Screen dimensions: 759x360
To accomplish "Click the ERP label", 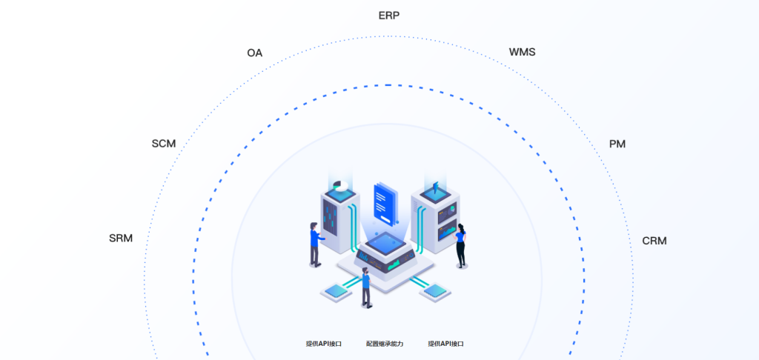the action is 389,16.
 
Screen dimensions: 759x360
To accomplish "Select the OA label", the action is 255,53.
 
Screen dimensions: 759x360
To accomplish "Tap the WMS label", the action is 523,52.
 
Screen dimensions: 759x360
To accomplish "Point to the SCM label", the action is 164,144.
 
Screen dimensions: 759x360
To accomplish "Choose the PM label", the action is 617,144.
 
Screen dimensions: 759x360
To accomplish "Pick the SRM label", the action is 121,238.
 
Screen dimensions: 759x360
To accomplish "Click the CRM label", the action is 654,241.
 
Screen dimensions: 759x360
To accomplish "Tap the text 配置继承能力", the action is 385,344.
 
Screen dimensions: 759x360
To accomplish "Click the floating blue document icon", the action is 385,204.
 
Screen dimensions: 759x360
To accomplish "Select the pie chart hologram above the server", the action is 341,186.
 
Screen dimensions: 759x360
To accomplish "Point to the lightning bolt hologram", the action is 435,187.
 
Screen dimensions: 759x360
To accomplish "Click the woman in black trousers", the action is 461,245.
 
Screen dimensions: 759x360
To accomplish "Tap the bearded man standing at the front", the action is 366,287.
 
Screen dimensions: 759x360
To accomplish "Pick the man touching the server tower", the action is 316,244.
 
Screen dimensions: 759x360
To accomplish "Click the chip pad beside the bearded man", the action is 334,291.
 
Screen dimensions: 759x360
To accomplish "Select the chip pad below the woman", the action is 435,291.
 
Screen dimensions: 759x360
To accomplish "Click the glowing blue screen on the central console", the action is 385,241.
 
